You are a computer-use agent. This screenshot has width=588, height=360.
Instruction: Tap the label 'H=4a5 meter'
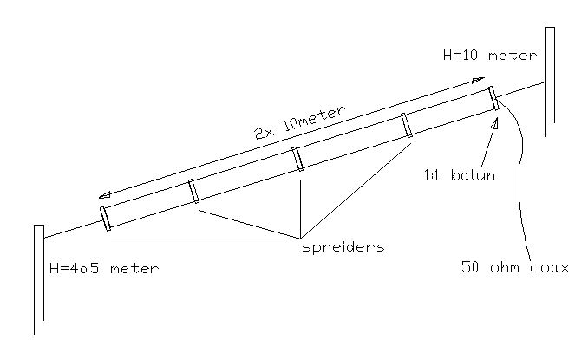pos(105,268)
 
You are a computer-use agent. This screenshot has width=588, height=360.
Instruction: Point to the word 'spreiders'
pos(343,246)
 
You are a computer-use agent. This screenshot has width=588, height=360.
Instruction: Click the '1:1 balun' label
pos(460,176)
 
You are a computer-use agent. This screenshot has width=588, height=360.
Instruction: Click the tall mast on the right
pos(549,82)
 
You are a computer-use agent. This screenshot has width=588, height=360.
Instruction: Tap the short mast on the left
pos(38,278)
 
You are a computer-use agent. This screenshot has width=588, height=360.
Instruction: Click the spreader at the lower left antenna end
pos(105,217)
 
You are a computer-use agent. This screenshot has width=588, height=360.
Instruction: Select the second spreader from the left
pos(194,190)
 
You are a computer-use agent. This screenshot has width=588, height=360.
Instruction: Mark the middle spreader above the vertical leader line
pos(297,159)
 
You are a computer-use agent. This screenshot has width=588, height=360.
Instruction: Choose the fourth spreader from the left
pos(405,126)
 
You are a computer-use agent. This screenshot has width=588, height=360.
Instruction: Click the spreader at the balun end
pos(493,98)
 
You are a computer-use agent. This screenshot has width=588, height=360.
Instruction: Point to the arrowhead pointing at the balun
pos(494,122)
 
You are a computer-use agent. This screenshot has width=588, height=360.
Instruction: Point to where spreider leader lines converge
pos(300,238)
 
